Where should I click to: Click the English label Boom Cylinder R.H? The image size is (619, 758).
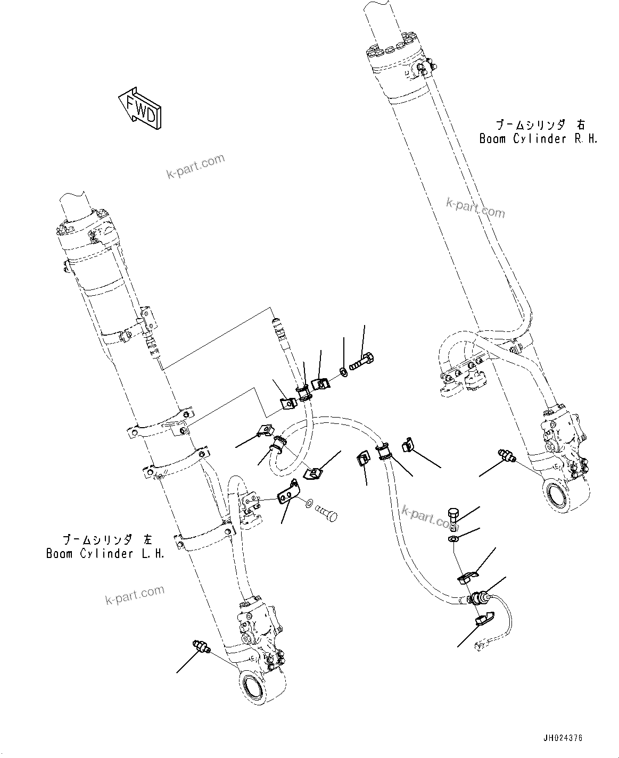pyautogui.click(x=539, y=139)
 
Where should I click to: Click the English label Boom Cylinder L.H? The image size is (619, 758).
pyautogui.click(x=105, y=554)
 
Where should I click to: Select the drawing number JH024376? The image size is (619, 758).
pyautogui.click(x=563, y=738)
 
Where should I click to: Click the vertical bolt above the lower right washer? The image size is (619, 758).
pyautogui.click(x=452, y=518)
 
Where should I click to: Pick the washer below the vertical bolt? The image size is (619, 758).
pyautogui.click(x=452, y=540)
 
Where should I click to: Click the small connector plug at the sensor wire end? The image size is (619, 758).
pyautogui.click(x=479, y=646)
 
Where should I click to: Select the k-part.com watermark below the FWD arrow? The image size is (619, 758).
pyautogui.click(x=196, y=166)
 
